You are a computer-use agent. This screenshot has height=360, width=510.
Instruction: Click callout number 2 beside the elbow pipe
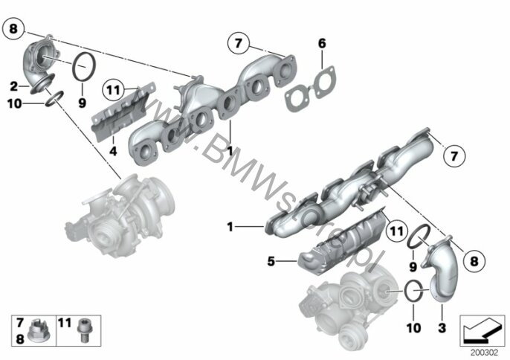click(x=14, y=85)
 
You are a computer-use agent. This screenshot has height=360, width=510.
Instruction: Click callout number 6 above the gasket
click(x=322, y=45)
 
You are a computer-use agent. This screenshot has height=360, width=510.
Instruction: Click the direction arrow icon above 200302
click(x=480, y=327)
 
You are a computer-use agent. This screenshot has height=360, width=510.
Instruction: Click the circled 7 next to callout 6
click(x=237, y=43)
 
